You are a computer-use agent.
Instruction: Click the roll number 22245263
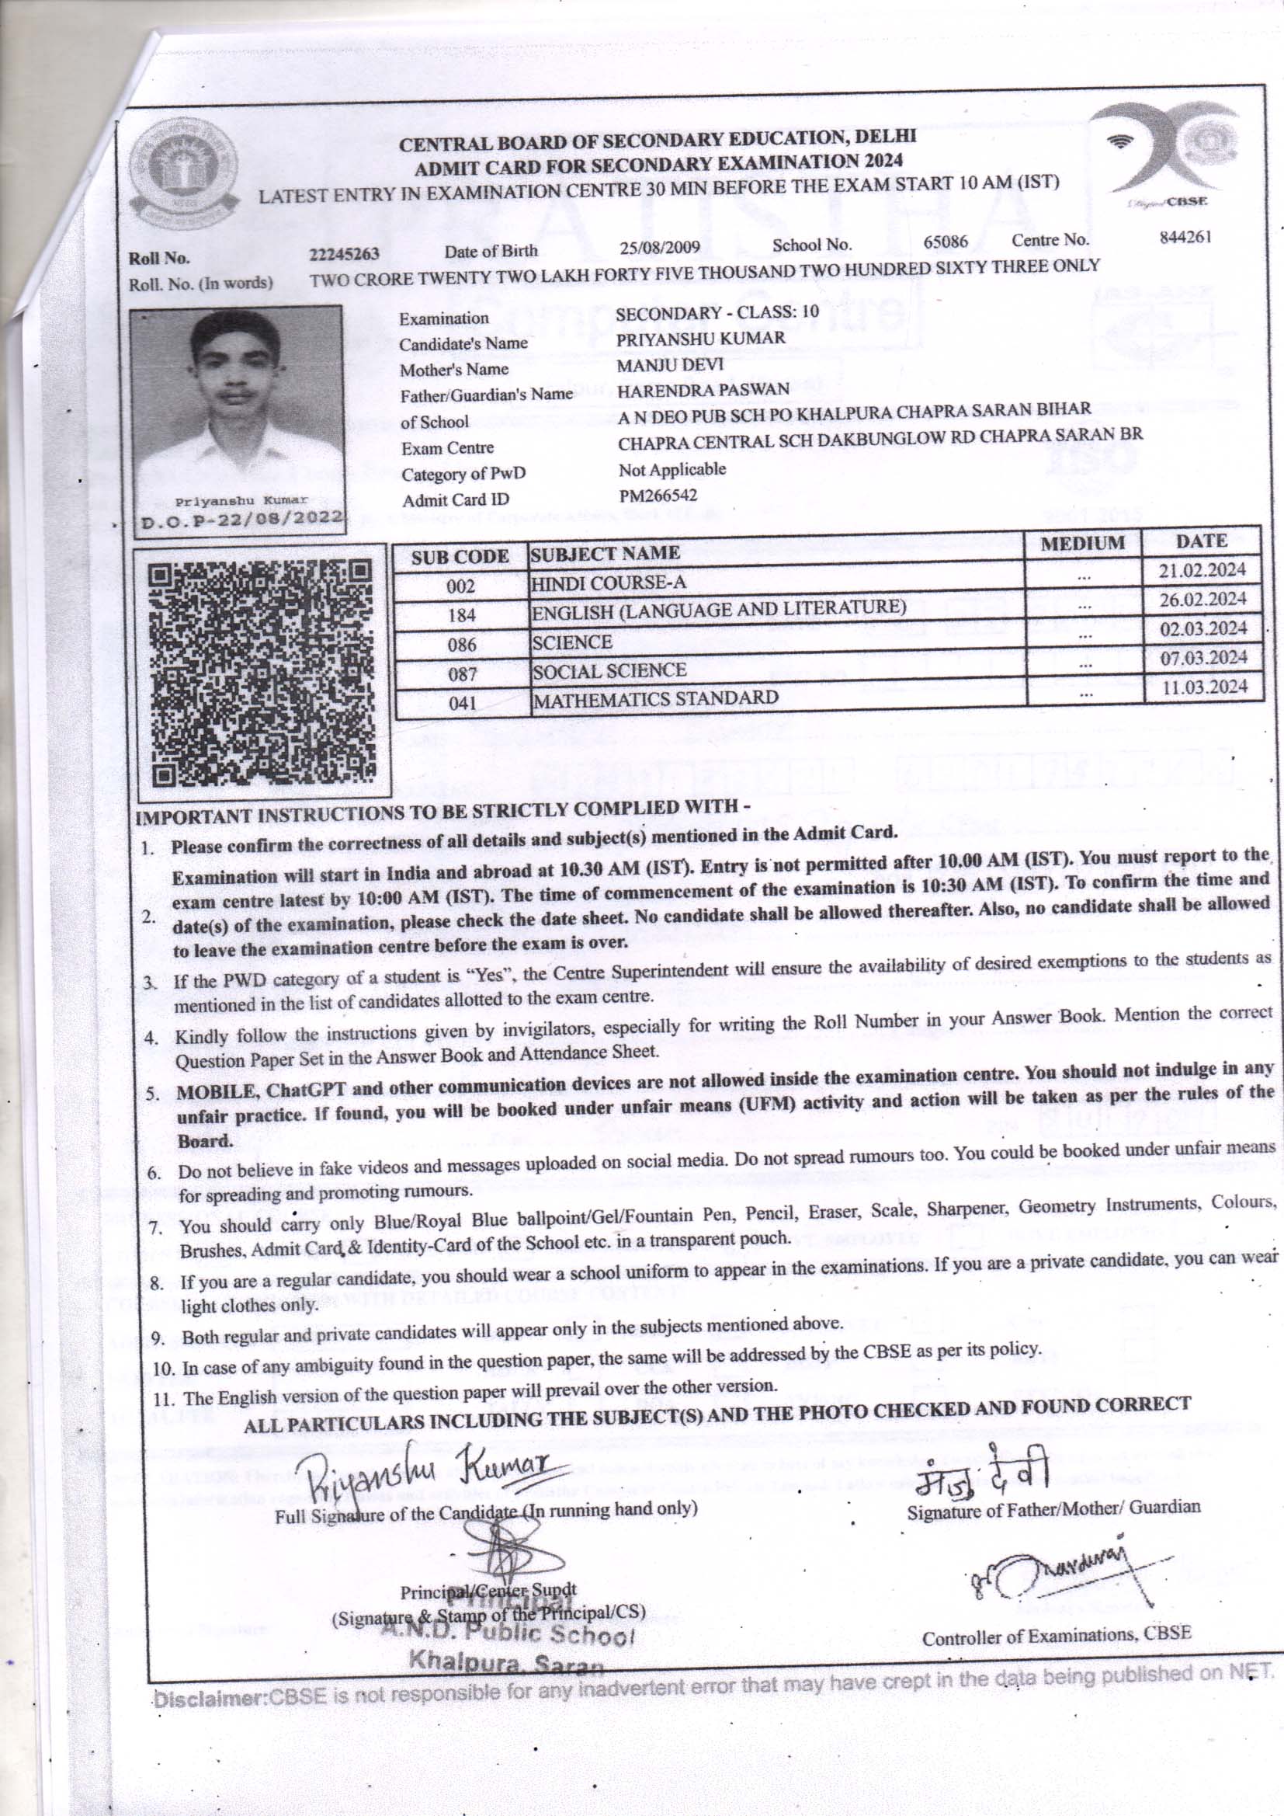pos(344,254)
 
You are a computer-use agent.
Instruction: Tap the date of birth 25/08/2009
pos(660,248)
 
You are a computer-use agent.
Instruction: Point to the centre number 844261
pos(1185,237)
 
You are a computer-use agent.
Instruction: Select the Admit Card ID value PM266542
pos(658,496)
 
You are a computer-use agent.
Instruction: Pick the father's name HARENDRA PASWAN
pos(703,389)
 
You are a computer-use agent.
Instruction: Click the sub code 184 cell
pos(462,615)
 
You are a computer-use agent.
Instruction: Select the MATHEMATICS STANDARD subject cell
pos(655,699)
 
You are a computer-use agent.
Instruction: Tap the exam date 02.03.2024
pos(1202,629)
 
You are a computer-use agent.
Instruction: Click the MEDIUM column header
pos(1082,544)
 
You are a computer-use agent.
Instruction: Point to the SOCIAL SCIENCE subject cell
pos(609,672)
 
